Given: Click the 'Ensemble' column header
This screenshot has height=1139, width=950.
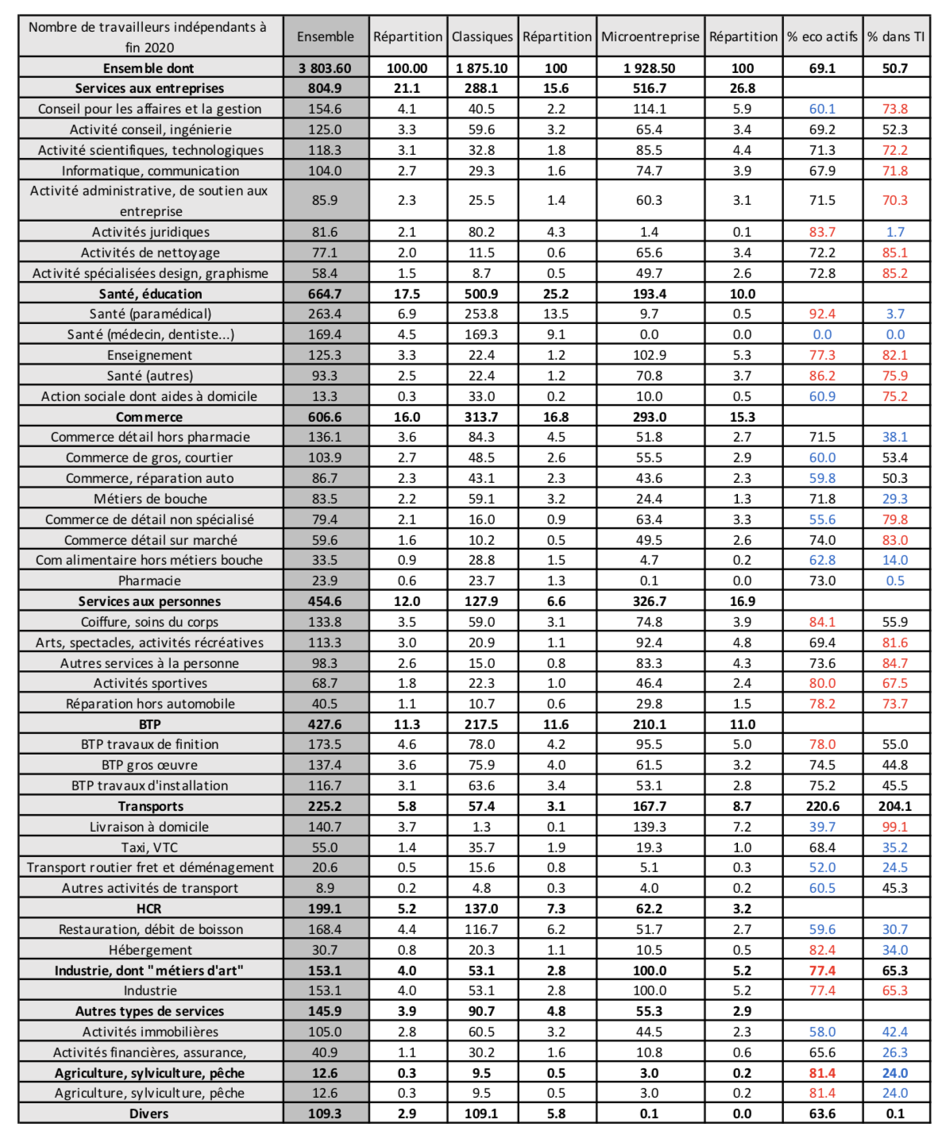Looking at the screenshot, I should point(325,37).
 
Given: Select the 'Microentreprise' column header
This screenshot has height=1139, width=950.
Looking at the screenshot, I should point(650,37).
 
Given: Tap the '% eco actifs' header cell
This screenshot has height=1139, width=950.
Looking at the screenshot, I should point(822,37).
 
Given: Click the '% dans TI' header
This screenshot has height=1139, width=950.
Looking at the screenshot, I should point(895,37).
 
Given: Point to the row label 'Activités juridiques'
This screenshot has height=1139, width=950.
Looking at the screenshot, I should point(151,232).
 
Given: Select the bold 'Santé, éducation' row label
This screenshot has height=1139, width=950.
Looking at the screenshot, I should point(150,294).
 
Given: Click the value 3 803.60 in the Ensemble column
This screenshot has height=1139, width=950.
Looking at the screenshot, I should point(325,68).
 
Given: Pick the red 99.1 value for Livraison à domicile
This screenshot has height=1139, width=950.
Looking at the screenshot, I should point(895,827).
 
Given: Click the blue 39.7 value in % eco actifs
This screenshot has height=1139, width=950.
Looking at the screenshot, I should point(822,827).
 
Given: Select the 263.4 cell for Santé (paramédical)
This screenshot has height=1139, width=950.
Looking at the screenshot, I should point(325,314).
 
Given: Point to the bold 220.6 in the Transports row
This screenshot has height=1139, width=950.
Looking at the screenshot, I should point(822,806).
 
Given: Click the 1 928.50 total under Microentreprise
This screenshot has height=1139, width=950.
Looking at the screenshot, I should point(650,68).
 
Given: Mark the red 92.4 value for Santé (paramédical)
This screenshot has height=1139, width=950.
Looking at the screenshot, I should point(822,314).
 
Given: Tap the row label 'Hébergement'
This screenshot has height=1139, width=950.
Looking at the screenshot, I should point(150,950).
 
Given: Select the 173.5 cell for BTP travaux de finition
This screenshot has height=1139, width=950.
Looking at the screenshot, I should point(325,744).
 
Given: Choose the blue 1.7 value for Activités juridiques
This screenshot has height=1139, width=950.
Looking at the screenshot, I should point(895,232).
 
